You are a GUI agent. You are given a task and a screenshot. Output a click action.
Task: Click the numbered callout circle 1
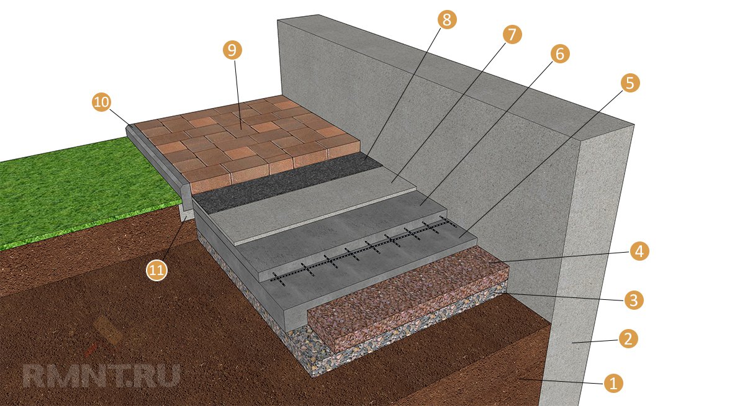(613, 384)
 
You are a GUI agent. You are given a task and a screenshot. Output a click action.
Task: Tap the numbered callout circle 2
(628, 339)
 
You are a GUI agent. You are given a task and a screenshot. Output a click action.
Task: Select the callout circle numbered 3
(634, 300)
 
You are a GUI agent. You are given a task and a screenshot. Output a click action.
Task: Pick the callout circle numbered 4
(639, 251)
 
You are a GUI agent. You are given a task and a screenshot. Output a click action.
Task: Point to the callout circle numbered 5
(630, 83)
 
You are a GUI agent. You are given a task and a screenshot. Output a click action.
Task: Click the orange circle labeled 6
(560, 53)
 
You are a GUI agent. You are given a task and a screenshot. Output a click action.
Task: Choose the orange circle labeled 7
(512, 34)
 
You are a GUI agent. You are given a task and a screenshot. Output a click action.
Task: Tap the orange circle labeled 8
(446, 19)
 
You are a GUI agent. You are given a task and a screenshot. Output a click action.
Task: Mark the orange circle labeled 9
(232, 50)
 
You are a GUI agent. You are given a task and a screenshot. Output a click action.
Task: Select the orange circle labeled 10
(101, 102)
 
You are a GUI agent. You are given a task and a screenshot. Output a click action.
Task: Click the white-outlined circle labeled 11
(156, 270)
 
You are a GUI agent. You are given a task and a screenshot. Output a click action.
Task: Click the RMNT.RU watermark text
(101, 376)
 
